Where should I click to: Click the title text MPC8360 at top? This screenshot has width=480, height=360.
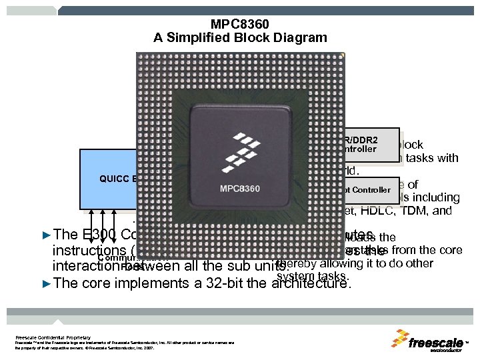(240, 23)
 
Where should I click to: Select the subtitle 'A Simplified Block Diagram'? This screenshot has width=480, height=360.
(240, 37)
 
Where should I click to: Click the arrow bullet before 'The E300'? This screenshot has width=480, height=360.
(46, 235)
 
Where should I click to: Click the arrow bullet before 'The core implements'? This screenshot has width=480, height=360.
(46, 282)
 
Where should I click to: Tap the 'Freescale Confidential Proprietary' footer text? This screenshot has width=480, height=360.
(53, 338)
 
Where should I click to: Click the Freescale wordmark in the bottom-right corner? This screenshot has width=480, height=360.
(436, 343)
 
